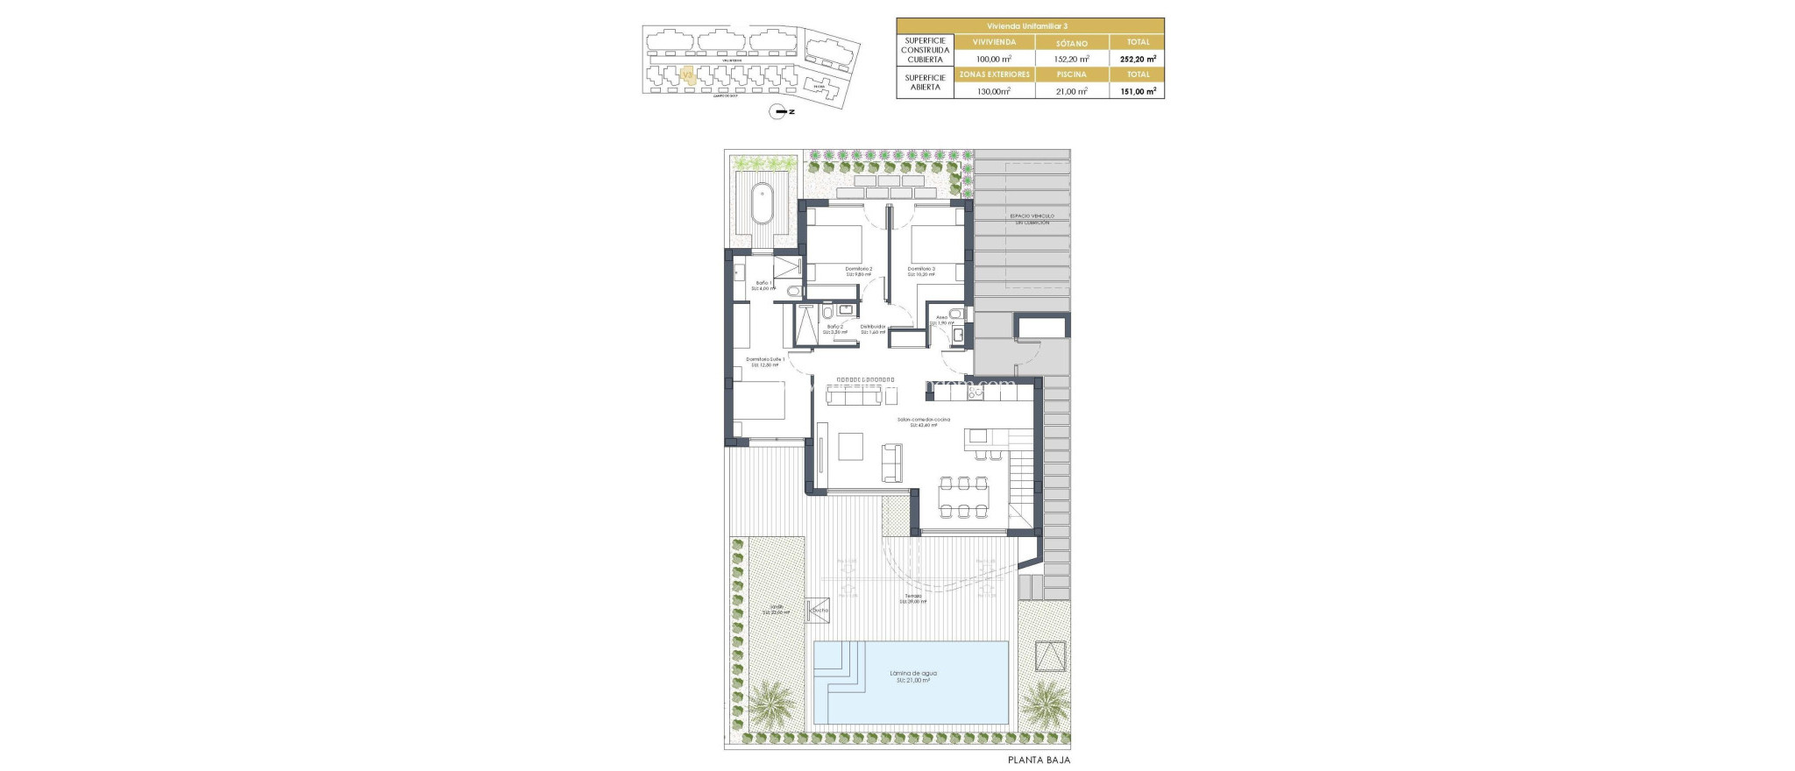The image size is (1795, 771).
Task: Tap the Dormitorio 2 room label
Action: pos(859,271)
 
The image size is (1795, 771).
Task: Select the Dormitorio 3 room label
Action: pos(921,271)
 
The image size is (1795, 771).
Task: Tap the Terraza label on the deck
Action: pos(913,598)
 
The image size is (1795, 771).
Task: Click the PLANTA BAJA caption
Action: pos(1039,760)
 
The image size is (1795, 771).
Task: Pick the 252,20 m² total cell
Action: pos(1137,59)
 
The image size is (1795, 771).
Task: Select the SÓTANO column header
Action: pos(1071,42)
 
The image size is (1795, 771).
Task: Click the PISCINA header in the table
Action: pos(1071,74)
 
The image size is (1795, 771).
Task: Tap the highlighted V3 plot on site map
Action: pos(688,76)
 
